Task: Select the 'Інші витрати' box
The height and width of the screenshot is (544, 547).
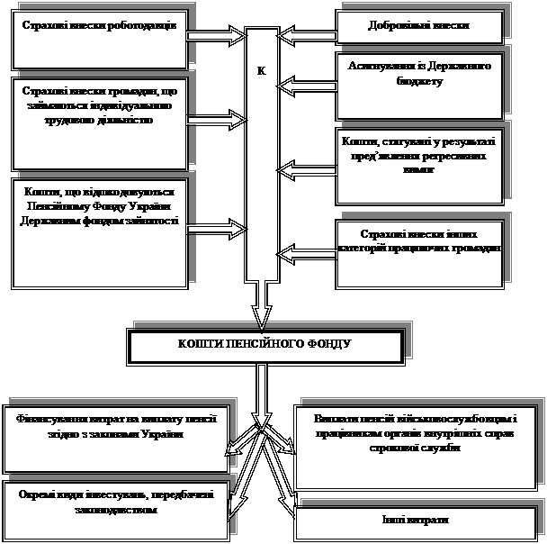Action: pyautogui.click(x=414, y=521)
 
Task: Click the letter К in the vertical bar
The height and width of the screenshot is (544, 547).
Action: pyautogui.click(x=262, y=71)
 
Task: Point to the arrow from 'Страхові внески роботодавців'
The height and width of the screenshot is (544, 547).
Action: pyautogui.click(x=217, y=36)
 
